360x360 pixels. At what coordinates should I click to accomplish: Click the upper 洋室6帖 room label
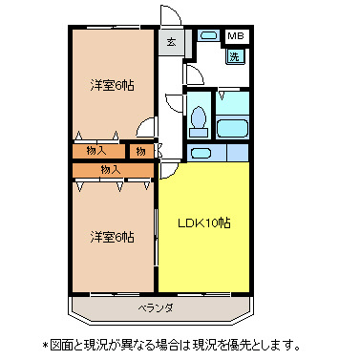click(x=113, y=85)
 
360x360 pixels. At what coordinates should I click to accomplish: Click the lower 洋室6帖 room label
click(x=113, y=237)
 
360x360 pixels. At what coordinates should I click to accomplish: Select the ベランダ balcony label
click(x=155, y=307)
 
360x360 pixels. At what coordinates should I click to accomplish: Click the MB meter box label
click(x=235, y=37)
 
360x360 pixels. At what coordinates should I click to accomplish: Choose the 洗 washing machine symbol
click(x=235, y=56)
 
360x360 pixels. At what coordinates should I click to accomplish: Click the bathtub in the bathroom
click(x=233, y=128)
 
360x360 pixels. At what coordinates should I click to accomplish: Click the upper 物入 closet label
click(x=95, y=151)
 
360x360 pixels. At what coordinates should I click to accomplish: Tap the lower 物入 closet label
click(x=111, y=169)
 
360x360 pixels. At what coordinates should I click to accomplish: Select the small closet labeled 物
click(x=140, y=151)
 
